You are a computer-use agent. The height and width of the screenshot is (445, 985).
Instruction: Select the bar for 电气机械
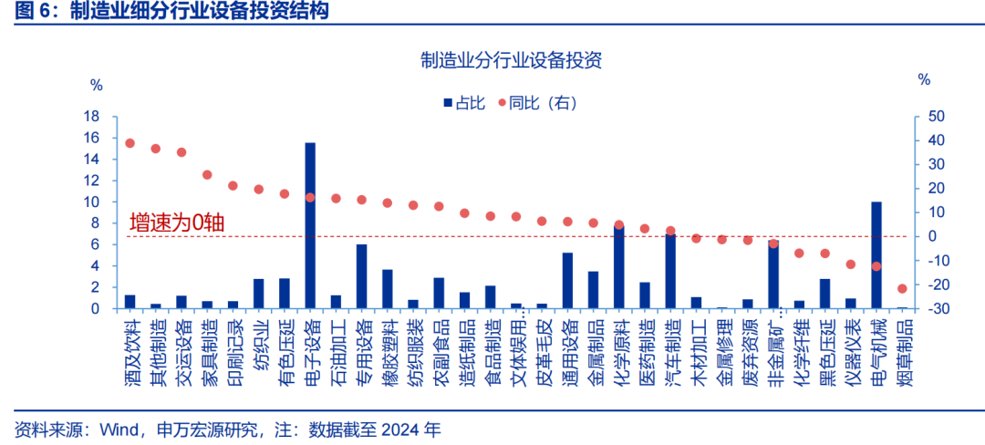pos(876,254)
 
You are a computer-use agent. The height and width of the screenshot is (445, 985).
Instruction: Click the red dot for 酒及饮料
pos(130,143)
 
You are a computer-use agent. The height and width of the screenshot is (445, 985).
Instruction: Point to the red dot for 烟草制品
pos(902,289)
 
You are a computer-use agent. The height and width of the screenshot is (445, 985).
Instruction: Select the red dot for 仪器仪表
pos(851,264)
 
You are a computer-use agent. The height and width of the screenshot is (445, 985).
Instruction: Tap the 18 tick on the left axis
pos(91,117)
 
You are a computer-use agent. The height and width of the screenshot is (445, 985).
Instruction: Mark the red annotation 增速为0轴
pos(177,223)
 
